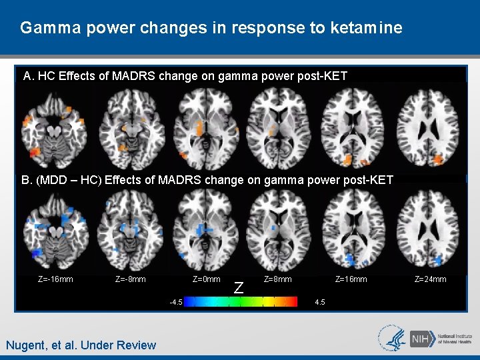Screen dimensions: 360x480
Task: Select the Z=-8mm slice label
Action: click(x=131, y=279)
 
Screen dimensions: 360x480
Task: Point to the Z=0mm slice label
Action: click(x=206, y=279)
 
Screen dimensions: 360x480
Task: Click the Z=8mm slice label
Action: click(x=278, y=279)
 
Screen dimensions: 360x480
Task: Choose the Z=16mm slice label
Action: click(x=351, y=279)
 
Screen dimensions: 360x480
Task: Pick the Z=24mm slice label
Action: click(x=430, y=279)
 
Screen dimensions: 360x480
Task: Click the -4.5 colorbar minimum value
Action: click(x=176, y=302)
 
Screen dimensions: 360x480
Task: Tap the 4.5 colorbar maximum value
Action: click(x=319, y=302)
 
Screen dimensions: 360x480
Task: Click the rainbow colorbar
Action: click(x=241, y=301)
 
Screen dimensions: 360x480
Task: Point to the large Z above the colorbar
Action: click(x=238, y=288)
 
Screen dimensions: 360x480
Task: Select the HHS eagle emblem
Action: click(x=391, y=338)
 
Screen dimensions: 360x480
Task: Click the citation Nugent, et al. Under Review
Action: click(x=81, y=345)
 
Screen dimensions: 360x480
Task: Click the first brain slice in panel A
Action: click(x=55, y=127)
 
